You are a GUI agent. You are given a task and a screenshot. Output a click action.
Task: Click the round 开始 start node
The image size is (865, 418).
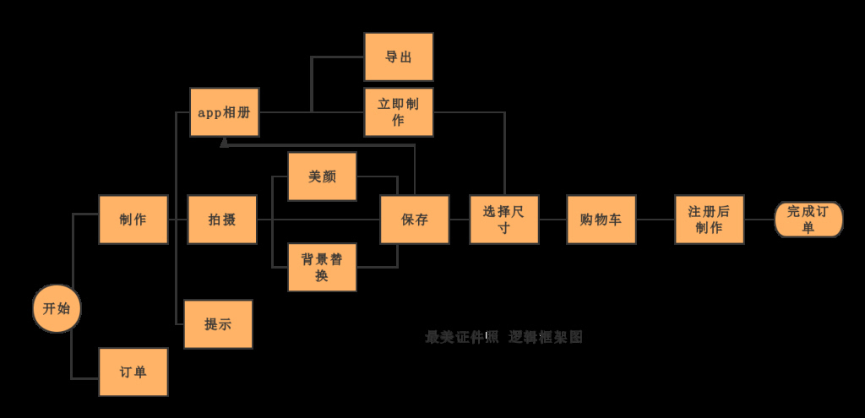coord(57,308)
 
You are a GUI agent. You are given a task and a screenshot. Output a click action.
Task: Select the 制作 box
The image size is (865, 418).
coord(133,220)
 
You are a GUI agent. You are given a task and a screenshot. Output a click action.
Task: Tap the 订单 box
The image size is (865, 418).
coord(133,372)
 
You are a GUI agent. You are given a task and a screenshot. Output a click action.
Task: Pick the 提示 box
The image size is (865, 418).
coord(218,324)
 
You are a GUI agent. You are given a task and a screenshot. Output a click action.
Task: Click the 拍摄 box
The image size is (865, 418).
coord(222,220)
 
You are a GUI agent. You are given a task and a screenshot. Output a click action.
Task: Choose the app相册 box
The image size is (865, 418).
coord(224,112)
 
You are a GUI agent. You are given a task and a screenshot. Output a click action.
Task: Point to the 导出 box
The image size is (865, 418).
coord(399,57)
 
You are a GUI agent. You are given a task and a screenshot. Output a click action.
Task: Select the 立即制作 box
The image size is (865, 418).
coord(399,112)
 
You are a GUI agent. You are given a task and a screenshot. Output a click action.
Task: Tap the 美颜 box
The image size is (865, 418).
coord(322,176)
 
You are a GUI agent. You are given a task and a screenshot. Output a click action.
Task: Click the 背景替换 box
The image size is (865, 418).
coord(322,267)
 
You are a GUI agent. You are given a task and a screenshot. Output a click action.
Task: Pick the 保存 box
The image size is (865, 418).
coord(414,220)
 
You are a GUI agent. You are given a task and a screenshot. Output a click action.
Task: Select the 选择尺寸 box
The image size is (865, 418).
coord(504,220)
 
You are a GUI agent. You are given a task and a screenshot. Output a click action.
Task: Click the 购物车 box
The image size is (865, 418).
coord(601,220)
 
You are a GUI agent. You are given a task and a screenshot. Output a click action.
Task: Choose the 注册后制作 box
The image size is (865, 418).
coord(710,220)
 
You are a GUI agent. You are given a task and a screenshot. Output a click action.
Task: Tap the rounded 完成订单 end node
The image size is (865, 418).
coord(808,220)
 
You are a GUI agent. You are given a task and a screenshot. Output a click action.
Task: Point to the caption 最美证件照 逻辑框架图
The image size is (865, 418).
coord(503,337)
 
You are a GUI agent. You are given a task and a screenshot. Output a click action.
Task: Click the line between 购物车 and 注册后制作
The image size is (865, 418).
coord(656,220)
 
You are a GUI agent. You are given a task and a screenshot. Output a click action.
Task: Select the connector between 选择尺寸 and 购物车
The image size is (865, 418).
coord(552,220)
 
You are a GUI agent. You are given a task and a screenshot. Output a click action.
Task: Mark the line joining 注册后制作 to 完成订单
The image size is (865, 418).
coord(759,220)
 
